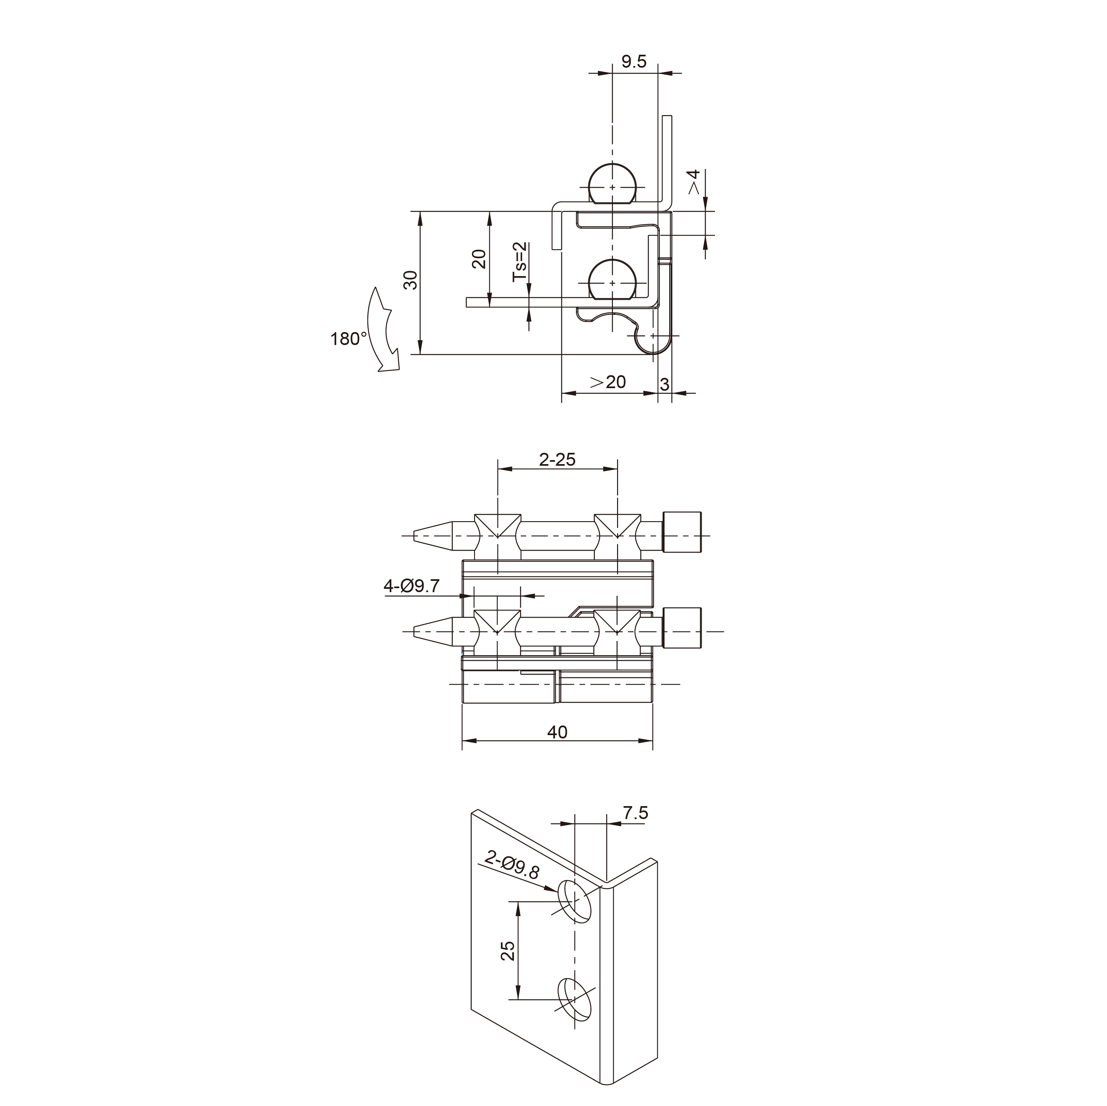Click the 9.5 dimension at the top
point(634,61)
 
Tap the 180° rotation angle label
point(348,339)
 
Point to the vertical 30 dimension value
point(410,281)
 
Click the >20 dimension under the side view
point(608,382)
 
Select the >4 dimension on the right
point(694,182)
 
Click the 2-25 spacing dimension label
point(557,459)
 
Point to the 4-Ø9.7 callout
point(411,586)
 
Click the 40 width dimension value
point(557,732)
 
